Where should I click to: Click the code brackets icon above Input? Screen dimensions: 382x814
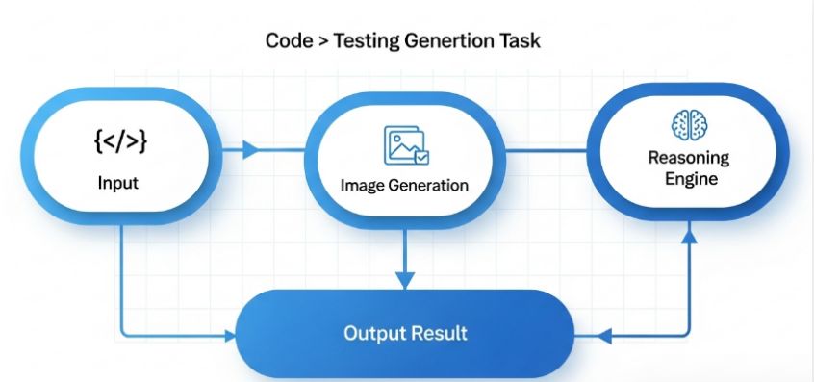pyautogui.click(x=120, y=142)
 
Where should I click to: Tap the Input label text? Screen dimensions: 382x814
pyautogui.click(x=118, y=182)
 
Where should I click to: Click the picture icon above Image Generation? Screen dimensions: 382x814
pyautogui.click(x=404, y=145)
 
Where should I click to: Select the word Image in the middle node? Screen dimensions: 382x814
pyautogui.click(x=361, y=185)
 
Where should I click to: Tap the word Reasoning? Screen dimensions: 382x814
pyautogui.click(x=688, y=158)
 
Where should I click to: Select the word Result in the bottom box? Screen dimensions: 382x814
pyautogui.click(x=438, y=334)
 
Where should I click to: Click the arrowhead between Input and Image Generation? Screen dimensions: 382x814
pyautogui.click(x=252, y=150)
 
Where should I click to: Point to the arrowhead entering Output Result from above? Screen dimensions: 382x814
pyautogui.click(x=404, y=280)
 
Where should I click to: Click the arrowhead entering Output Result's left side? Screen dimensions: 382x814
pyautogui.click(x=229, y=336)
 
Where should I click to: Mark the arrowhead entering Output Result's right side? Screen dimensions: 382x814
pyautogui.click(x=604, y=336)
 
